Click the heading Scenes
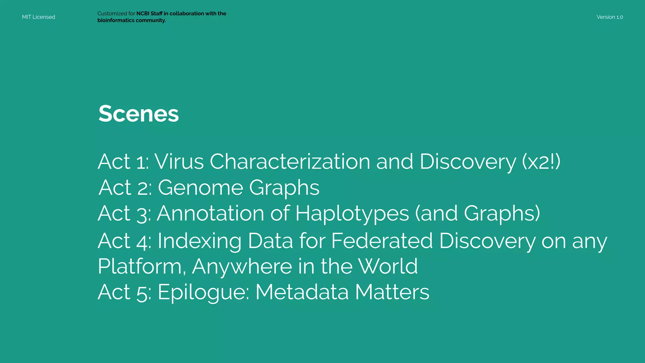pos(139,114)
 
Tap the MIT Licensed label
pos(38,17)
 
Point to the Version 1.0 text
pos(609,17)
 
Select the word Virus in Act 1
pos(179,162)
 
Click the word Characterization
pos(290,162)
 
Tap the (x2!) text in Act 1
pos(541,162)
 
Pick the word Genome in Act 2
pos(200,188)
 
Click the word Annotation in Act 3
pos(210,214)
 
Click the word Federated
pos(382,241)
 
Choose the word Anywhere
pos(242,267)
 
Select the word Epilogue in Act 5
pos(203,292)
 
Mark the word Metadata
pos(302,292)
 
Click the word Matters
pos(392,292)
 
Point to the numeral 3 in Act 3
pos(142,214)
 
